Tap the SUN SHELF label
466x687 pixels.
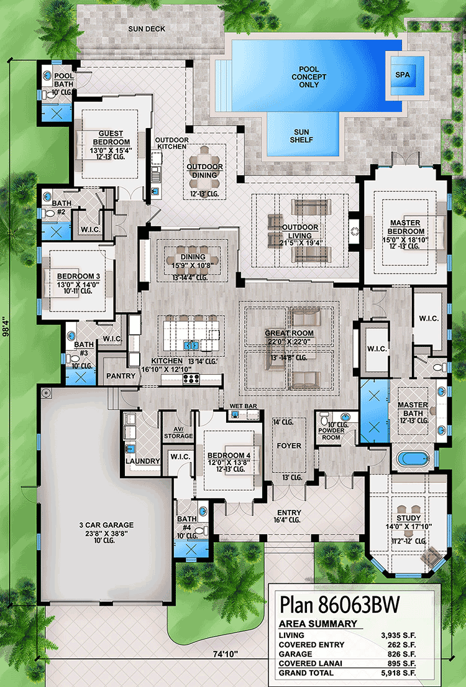coord(303,136)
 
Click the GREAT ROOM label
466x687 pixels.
coord(288,333)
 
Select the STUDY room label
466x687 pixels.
coord(408,518)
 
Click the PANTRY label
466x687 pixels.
coord(121,376)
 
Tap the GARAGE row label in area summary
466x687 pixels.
coord(295,653)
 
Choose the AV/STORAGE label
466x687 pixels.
coord(178,433)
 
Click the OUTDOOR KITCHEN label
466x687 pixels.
coord(171,144)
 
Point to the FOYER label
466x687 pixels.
coord(289,446)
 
